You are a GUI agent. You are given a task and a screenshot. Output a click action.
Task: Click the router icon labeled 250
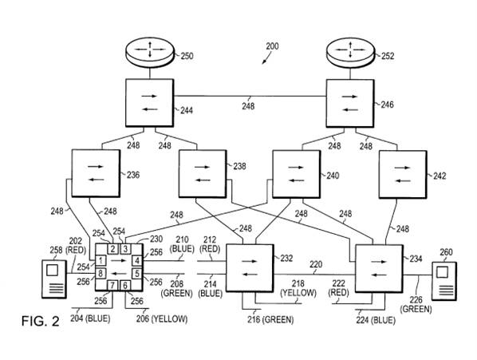pyautogui.click(x=150, y=53)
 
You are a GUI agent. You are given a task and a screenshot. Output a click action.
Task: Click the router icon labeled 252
pyautogui.click(x=350, y=53)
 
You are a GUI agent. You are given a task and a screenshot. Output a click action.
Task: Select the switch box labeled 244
pyautogui.click(x=150, y=103)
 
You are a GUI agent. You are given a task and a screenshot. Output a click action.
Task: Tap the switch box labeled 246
pyautogui.click(x=350, y=104)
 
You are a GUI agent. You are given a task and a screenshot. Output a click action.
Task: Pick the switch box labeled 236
pyautogui.click(x=96, y=173)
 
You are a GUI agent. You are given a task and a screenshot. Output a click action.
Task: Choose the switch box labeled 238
pyautogui.click(x=203, y=174)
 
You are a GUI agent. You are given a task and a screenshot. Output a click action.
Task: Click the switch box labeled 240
pyautogui.click(x=297, y=174)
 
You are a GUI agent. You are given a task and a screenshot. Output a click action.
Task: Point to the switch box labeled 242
pyautogui.click(x=403, y=175)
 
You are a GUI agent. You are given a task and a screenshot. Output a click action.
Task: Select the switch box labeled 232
pyautogui.click(x=250, y=267)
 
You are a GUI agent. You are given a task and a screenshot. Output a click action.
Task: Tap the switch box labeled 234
pyautogui.click(x=380, y=269)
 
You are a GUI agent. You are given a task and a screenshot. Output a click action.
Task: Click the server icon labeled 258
pyautogui.click(x=54, y=279)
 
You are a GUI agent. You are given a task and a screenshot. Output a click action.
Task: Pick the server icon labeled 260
pyautogui.click(x=444, y=281)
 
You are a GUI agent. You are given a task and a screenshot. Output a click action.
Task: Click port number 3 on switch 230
pyautogui.click(x=125, y=249)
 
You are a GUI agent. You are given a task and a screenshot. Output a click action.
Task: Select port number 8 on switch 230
pyautogui.click(x=101, y=273)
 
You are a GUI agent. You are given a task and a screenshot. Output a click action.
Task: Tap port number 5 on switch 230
pyautogui.click(x=137, y=273)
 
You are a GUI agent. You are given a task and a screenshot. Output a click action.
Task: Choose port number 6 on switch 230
pyautogui.click(x=125, y=286)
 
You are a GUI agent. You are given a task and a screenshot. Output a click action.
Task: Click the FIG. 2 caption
pyautogui.click(x=40, y=322)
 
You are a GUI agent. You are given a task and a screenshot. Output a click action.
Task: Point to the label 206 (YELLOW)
pyautogui.click(x=162, y=319)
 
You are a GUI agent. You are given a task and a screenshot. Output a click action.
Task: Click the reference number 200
pyautogui.click(x=272, y=46)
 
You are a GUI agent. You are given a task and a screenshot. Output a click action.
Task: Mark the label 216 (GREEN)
pyautogui.click(x=270, y=320)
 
